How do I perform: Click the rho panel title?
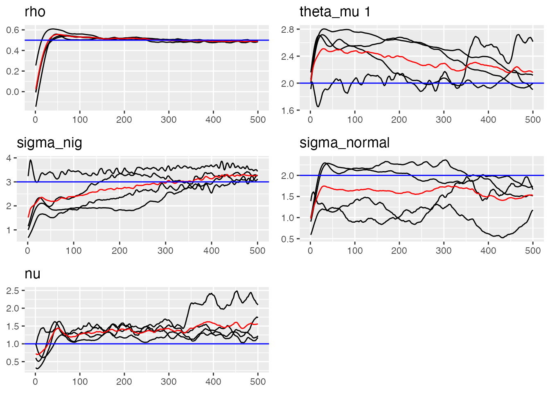click(35, 12)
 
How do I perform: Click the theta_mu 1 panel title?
click(335, 12)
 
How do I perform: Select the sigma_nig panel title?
click(49, 143)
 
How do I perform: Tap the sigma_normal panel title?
click(344, 143)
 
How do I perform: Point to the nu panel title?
click(32, 274)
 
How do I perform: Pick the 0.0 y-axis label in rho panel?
click(13, 92)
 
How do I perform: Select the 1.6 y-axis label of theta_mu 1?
click(288, 110)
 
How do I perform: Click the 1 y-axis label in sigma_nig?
click(9, 230)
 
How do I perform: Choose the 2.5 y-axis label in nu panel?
click(13, 291)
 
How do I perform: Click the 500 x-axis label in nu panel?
click(257, 382)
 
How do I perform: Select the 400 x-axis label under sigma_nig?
click(212, 251)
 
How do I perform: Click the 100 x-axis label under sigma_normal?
click(355, 251)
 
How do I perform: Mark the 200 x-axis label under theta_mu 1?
click(399, 120)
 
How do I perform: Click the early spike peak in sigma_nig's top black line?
click(30, 160)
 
